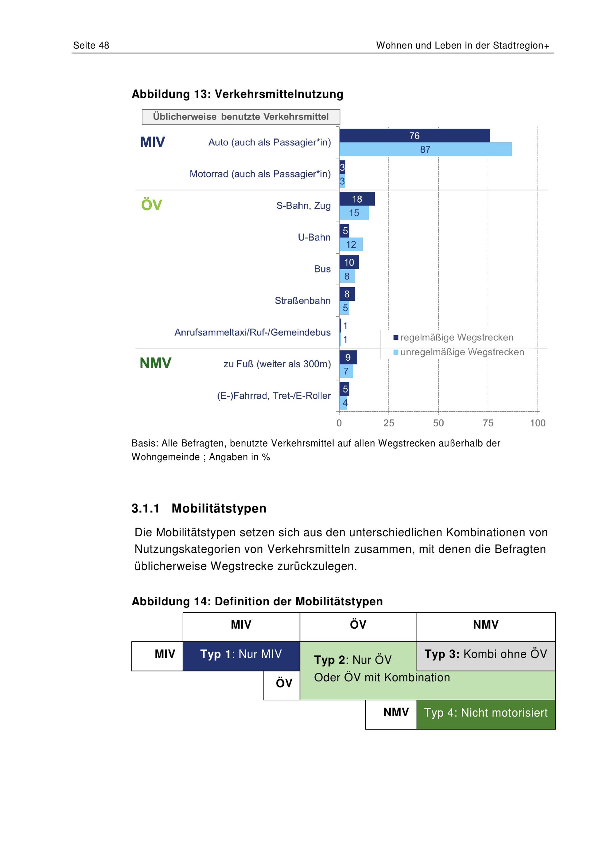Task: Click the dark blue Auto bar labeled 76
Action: [x=414, y=136]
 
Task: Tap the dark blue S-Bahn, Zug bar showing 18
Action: [x=357, y=199]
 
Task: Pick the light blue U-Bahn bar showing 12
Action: [x=351, y=244]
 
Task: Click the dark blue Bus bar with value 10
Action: [x=349, y=262]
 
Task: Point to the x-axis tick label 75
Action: [x=488, y=423]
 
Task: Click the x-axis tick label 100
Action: [x=538, y=423]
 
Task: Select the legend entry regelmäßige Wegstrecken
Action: [x=453, y=337]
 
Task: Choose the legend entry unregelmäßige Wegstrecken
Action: [x=459, y=352]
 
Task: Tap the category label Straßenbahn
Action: [x=302, y=300]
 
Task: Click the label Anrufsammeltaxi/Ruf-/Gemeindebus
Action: [x=253, y=332]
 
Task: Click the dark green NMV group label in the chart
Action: [x=155, y=363]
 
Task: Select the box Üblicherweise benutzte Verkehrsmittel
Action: [x=241, y=117]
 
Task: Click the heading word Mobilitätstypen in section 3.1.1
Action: [x=219, y=509]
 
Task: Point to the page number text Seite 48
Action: [x=91, y=45]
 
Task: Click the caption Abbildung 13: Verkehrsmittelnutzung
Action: [x=237, y=94]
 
